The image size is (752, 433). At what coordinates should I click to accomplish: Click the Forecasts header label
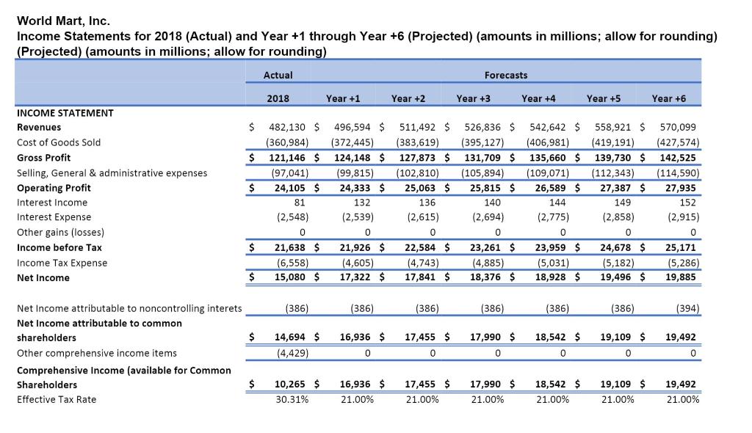[505, 75]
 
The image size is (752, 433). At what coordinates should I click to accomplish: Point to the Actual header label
[278, 75]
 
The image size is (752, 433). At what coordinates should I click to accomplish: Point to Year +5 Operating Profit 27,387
[615, 187]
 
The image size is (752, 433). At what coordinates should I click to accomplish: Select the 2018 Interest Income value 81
[299, 203]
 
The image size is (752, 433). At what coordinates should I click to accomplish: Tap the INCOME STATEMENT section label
[65, 113]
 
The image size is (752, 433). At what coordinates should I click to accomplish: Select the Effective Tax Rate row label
[57, 399]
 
